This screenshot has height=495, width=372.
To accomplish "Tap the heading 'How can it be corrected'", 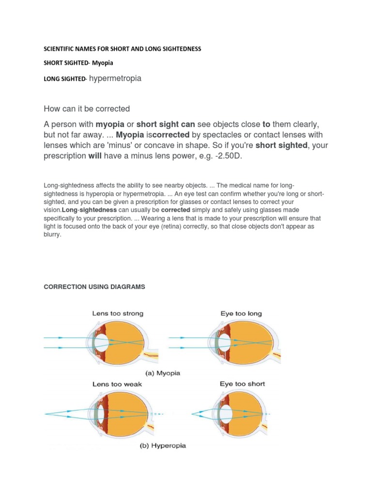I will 87,108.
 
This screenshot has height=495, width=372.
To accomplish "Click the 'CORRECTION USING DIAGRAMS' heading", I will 94,287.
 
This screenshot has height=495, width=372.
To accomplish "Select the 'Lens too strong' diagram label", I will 118,313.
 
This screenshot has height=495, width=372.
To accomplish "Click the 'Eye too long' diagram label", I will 241,313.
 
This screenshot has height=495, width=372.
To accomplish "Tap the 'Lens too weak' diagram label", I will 117,384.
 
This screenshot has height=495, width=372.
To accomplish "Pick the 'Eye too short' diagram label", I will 242,384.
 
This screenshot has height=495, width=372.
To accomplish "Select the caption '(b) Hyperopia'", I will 165,445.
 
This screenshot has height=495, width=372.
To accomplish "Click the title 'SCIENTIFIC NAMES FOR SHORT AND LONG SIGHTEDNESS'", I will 122,49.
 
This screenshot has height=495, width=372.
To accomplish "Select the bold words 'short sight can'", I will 165,124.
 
